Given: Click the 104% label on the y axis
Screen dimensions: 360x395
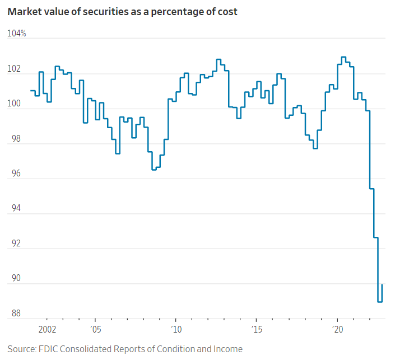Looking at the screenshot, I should tap(17, 34).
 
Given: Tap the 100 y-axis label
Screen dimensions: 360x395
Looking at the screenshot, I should tap(15, 104).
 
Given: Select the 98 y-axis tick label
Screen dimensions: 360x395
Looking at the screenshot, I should tap(14, 139).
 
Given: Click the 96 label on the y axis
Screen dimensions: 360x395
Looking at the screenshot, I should tap(14, 174).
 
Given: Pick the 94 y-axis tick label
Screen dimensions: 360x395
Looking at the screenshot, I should tap(14, 209).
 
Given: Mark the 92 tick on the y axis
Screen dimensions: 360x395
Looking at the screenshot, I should tap(14, 244).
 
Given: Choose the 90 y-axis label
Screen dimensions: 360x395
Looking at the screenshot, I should tap(14, 279).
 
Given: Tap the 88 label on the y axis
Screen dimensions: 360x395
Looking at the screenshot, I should tap(14, 314).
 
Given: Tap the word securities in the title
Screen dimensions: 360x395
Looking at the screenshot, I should tap(101, 12).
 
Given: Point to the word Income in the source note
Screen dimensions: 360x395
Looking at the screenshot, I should tap(229, 349).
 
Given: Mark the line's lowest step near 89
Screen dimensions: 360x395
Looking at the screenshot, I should tap(380, 302).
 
